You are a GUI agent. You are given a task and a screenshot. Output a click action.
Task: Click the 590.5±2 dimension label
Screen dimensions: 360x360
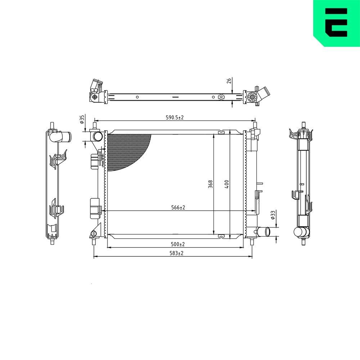tap(175, 117)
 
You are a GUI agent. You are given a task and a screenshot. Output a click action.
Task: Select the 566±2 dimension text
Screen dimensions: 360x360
tap(177, 207)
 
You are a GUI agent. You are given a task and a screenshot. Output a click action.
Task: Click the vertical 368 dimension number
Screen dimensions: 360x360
tap(211, 184)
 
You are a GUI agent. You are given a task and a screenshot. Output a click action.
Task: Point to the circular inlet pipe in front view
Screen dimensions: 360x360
tap(98, 136)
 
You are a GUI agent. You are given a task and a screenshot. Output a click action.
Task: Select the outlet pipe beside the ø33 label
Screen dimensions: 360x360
tap(265, 231)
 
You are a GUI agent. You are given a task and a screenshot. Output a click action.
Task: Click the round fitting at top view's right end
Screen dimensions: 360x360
tap(252, 97)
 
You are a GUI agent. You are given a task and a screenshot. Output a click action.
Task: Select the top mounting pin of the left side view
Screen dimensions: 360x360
tap(53, 125)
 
